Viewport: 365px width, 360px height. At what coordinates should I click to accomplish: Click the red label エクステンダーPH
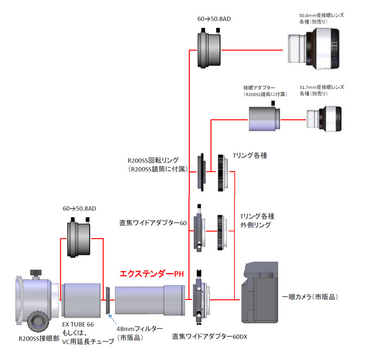click(152, 274)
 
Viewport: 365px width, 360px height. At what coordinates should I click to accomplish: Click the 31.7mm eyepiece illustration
click(325, 119)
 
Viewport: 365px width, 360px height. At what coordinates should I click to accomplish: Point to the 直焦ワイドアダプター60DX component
click(201, 299)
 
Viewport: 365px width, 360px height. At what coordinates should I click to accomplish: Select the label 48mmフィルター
click(139, 328)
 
